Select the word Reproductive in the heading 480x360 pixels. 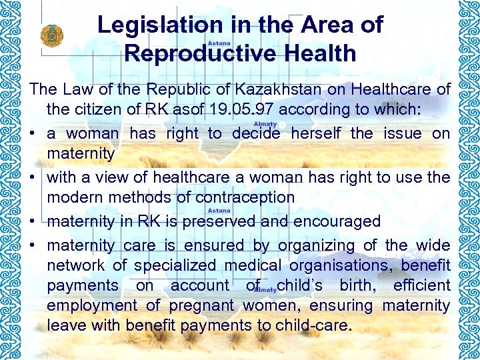click(194, 53)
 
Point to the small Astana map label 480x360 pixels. click(219, 42)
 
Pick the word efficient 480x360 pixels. click(421, 285)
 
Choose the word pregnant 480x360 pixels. click(202, 306)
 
